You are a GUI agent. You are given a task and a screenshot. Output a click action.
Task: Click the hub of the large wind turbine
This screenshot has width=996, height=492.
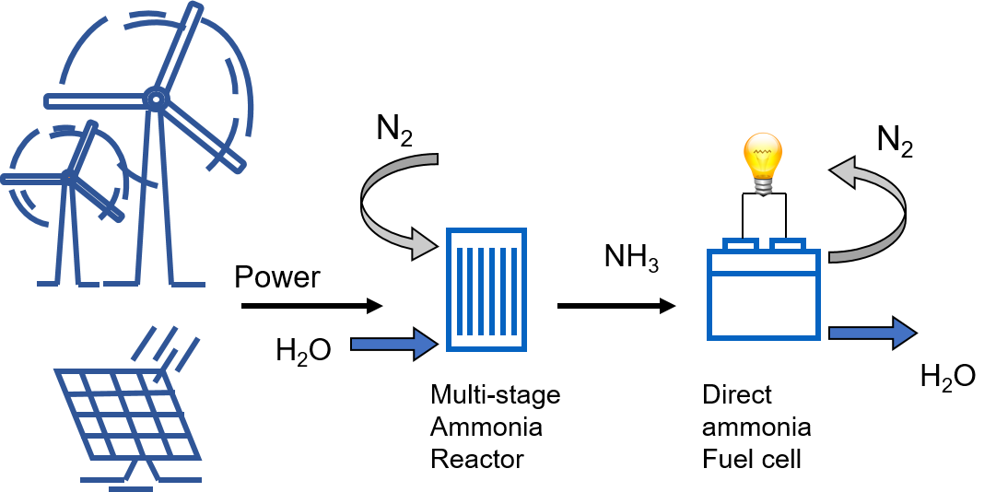pos(156,99)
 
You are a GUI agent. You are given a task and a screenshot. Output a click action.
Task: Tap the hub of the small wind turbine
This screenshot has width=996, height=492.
pos(70,175)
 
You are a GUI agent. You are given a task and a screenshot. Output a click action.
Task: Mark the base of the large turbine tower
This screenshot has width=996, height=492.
pos(155,282)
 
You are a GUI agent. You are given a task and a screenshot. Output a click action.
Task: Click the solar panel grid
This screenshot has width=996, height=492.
pos(128,415)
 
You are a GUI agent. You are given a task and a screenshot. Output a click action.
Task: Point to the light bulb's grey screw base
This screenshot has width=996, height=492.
pos(763,186)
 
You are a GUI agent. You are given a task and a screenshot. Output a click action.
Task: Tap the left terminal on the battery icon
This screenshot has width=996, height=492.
pos(740,244)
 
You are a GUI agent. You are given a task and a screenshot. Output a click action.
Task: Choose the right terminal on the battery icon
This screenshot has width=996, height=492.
pos(788,244)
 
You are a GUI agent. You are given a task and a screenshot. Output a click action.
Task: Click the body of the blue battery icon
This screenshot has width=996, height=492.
pos(764,304)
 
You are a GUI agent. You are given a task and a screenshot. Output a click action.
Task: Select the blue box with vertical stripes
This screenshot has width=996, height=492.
pos(486,289)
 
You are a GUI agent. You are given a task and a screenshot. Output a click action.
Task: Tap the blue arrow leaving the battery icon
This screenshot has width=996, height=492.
pos(872,333)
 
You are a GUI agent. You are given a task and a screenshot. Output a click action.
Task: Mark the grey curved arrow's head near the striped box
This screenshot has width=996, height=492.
pos(424,245)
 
